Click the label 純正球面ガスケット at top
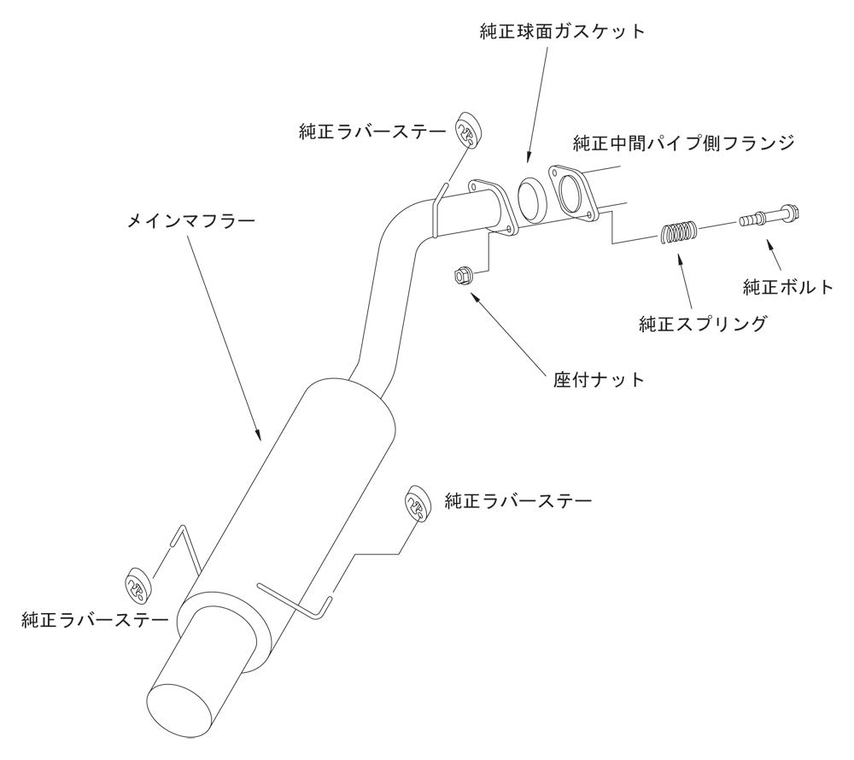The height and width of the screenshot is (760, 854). [x=561, y=32]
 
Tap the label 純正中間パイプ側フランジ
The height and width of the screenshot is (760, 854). [x=684, y=143]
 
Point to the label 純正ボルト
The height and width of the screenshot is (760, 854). [x=787, y=287]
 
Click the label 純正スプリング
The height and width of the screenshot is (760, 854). [x=703, y=324]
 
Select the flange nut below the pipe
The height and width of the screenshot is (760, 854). [x=461, y=276]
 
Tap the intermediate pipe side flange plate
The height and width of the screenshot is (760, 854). [x=570, y=190]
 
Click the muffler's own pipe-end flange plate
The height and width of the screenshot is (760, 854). [x=493, y=205]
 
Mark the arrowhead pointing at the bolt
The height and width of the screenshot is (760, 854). [x=770, y=244]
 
